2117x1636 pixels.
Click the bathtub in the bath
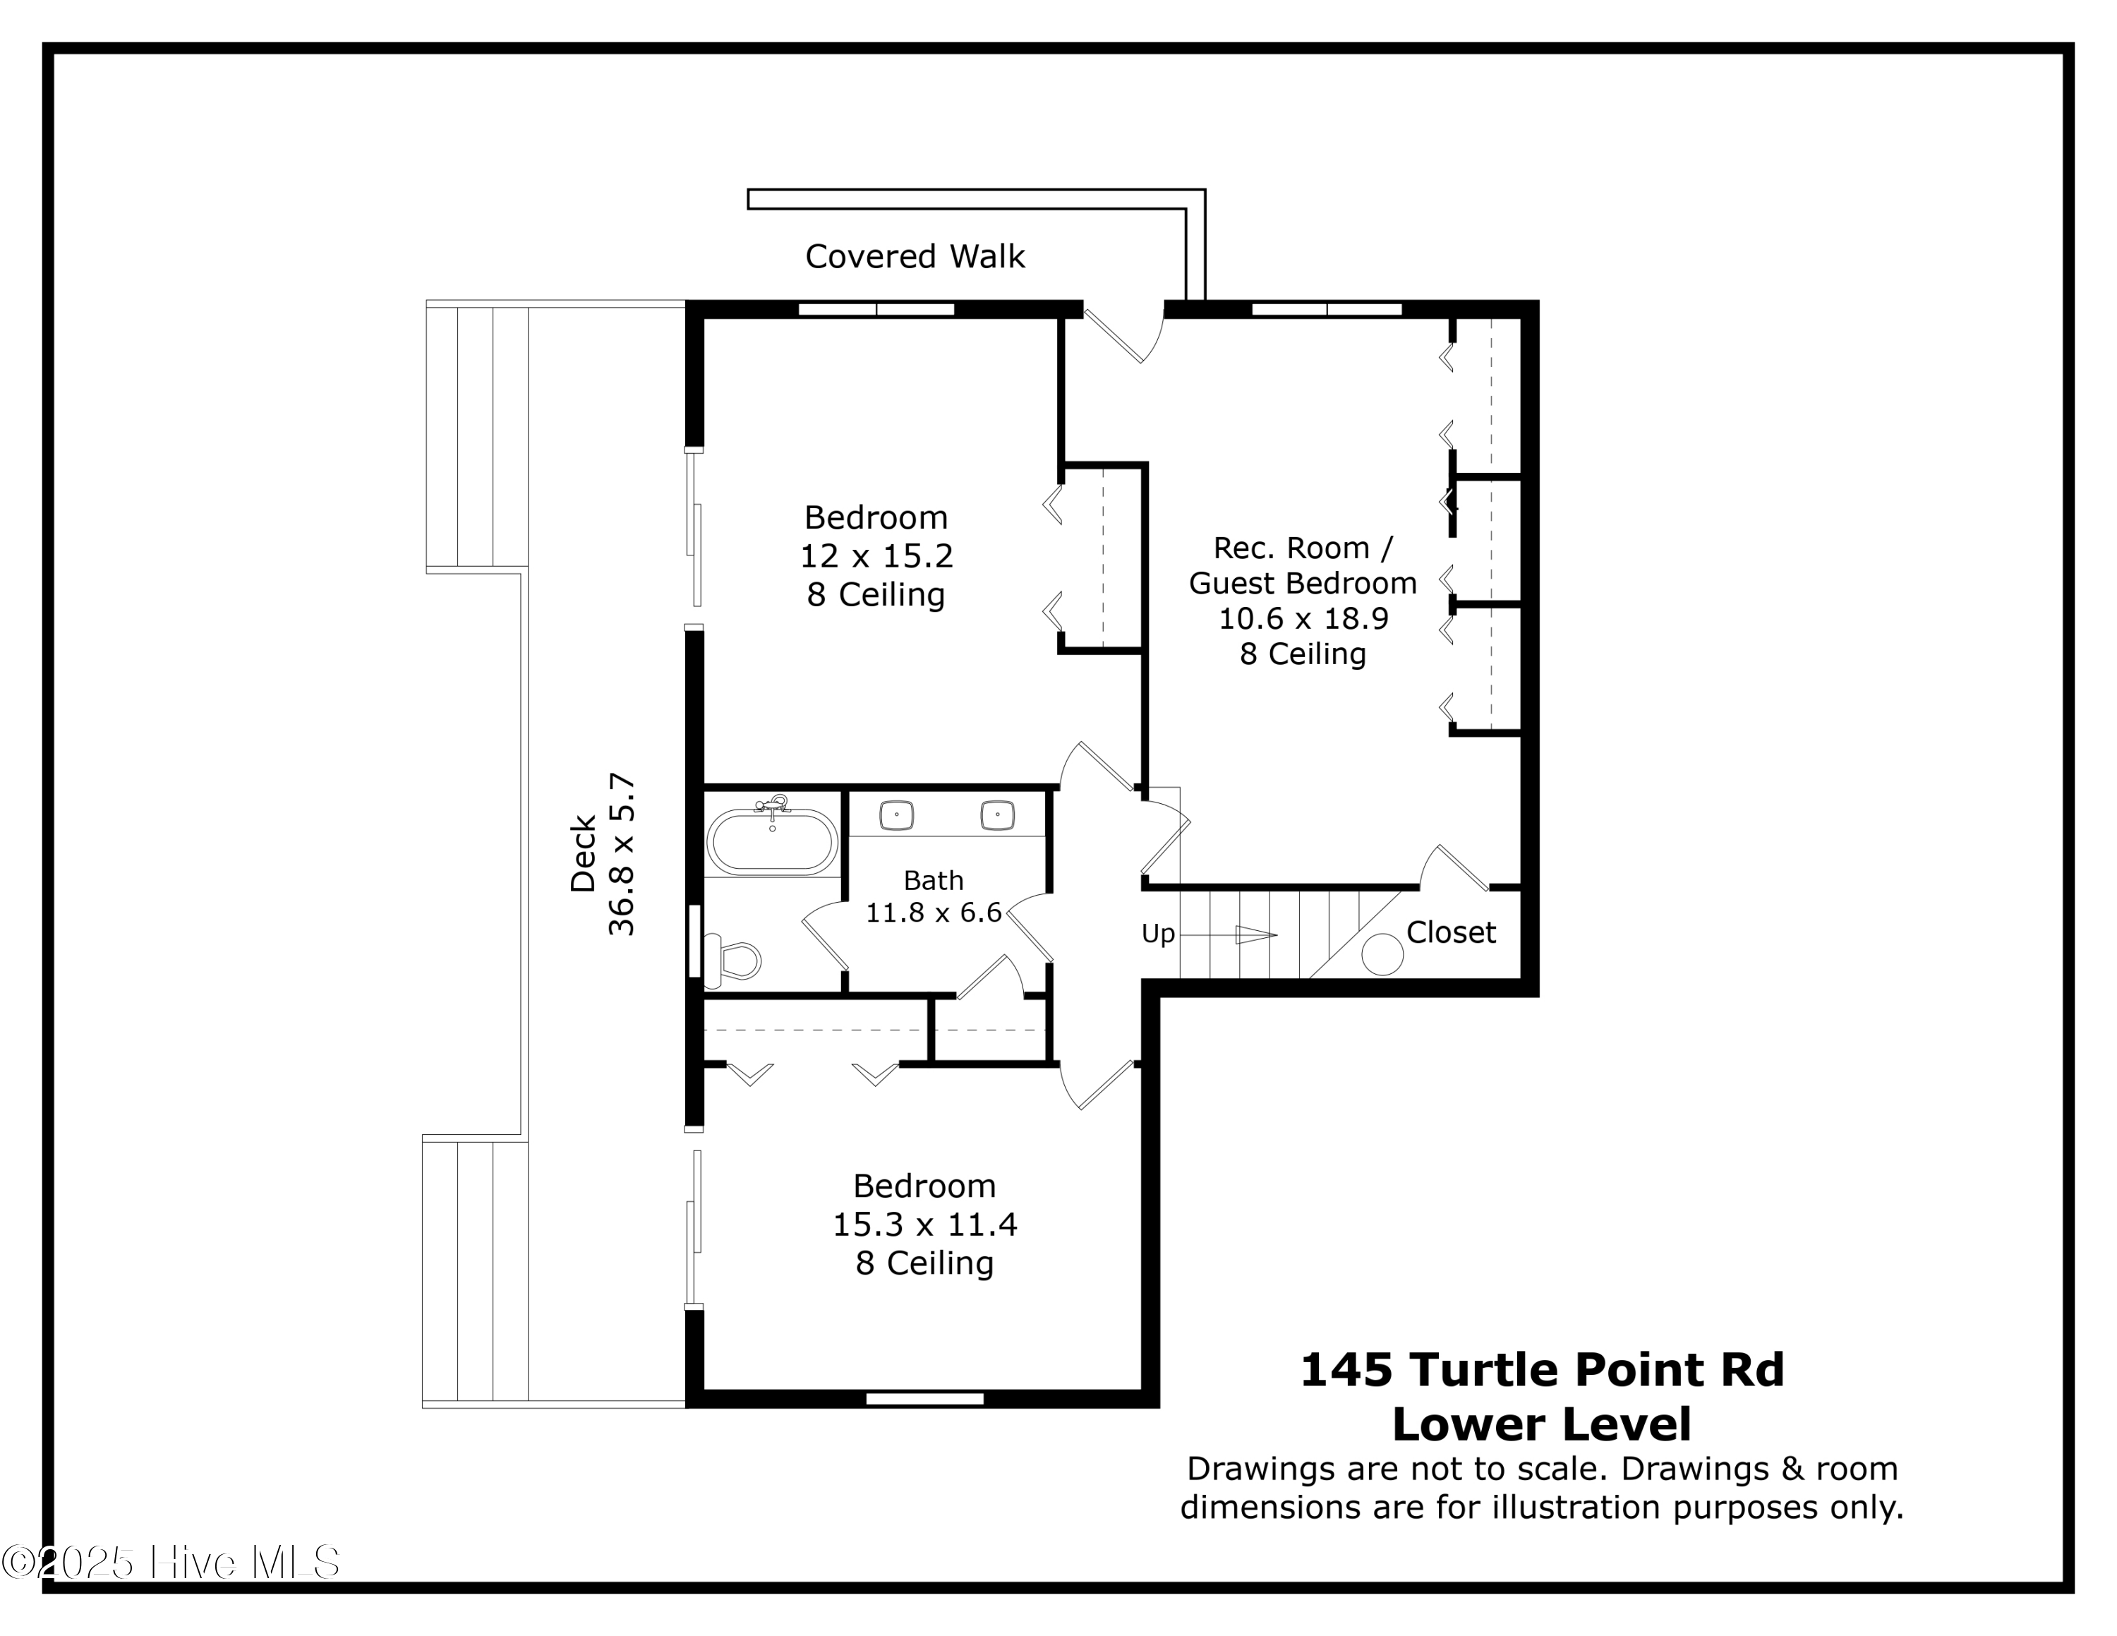(771, 841)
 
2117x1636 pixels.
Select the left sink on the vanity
(897, 814)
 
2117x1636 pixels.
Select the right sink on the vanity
(997, 814)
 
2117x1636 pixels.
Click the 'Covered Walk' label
(914, 257)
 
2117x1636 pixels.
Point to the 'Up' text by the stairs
(1157, 933)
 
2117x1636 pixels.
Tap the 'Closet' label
(1450, 932)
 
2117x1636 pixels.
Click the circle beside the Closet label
(1382, 954)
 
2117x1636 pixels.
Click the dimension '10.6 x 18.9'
(1303, 618)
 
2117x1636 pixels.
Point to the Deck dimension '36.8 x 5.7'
(621, 854)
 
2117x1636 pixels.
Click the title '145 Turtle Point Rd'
(1541, 1369)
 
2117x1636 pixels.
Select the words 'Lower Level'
(1541, 1424)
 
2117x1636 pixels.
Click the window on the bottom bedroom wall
(924, 1399)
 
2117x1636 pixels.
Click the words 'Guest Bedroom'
(1303, 584)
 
